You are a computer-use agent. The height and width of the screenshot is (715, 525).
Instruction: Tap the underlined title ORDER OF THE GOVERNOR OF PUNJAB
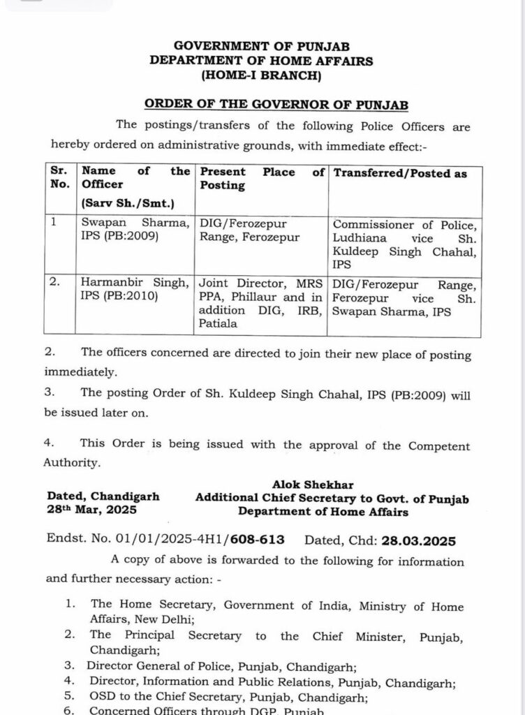pyautogui.click(x=276, y=104)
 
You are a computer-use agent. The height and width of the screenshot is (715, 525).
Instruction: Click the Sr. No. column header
pyautogui.click(x=59, y=178)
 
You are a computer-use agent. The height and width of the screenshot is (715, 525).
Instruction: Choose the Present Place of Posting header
pyautogui.click(x=262, y=179)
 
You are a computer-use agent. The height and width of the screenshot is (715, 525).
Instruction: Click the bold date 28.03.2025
pyautogui.click(x=415, y=540)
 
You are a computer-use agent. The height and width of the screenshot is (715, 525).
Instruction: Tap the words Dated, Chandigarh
pyautogui.click(x=103, y=496)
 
